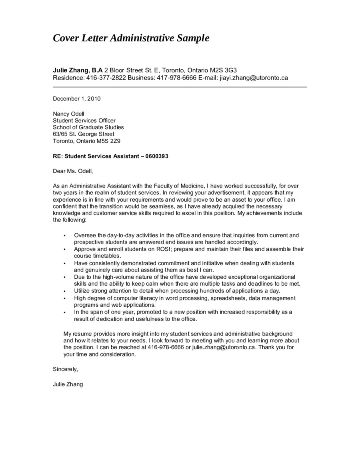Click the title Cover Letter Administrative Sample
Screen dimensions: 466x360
click(131, 38)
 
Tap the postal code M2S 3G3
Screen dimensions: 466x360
click(230, 70)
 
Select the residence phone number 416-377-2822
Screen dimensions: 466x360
click(106, 78)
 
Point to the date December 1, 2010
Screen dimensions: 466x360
click(76, 99)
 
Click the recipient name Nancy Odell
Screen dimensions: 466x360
click(68, 114)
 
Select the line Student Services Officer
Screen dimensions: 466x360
click(84, 120)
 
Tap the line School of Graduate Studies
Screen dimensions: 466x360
click(88, 127)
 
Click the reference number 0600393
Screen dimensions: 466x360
click(157, 156)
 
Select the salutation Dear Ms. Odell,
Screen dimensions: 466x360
click(73, 171)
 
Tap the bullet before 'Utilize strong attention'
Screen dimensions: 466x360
click(64, 291)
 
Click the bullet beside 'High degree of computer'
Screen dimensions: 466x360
click(64, 298)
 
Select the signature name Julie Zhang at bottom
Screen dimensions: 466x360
click(68, 384)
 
